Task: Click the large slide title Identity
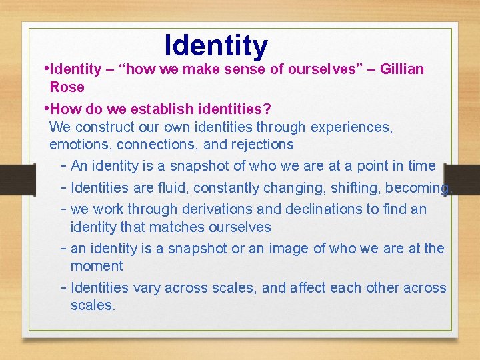pyautogui.click(x=216, y=45)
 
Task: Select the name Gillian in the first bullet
pyautogui.click(x=402, y=69)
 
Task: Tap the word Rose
pyautogui.click(x=67, y=87)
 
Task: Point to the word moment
pyautogui.click(x=97, y=266)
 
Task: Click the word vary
pyautogui.click(x=146, y=288)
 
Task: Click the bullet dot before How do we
pyautogui.click(x=46, y=108)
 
